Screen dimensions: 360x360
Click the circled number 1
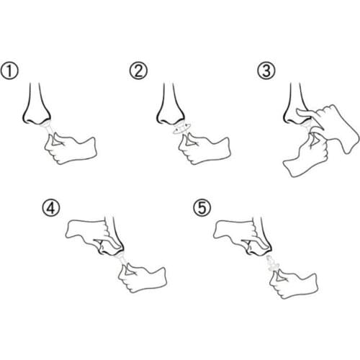(x=9, y=71)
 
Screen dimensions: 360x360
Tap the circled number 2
(x=138, y=71)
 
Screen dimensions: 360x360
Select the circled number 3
(x=266, y=71)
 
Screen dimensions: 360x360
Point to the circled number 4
(x=51, y=208)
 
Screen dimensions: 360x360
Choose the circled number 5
(x=202, y=208)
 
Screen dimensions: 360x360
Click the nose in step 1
(x=36, y=106)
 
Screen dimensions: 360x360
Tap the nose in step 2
(x=170, y=106)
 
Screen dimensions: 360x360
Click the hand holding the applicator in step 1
(x=70, y=149)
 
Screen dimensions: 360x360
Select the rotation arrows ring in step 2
(x=181, y=129)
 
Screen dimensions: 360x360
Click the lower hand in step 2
(x=204, y=149)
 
